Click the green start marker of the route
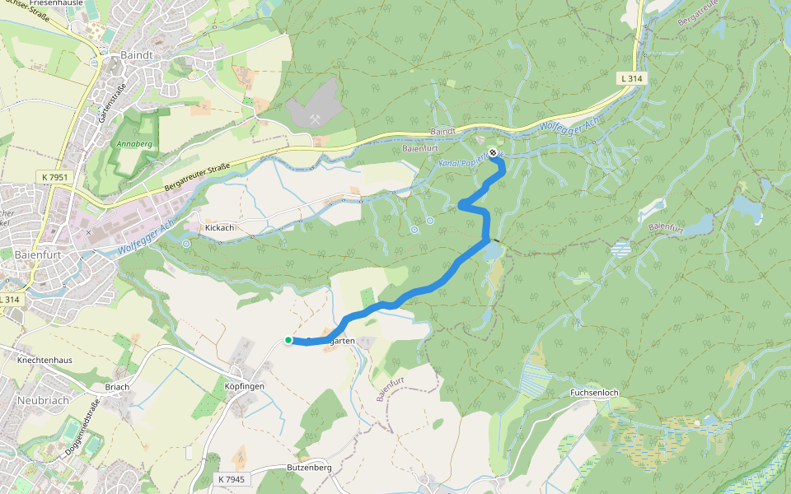tap(288, 340)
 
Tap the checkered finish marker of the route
tap(493, 152)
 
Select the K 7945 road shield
tap(232, 478)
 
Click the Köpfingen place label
tap(244, 385)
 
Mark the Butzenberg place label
tap(309, 467)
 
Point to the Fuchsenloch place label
tap(594, 393)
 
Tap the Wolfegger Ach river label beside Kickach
tap(147, 237)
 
